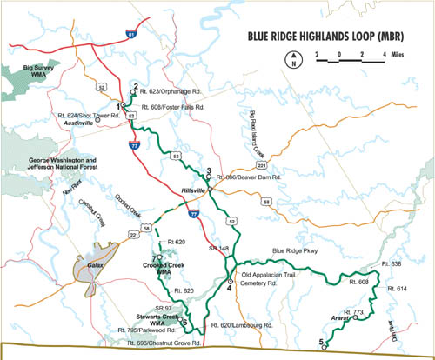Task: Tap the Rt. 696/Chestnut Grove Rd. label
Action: (152, 347)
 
